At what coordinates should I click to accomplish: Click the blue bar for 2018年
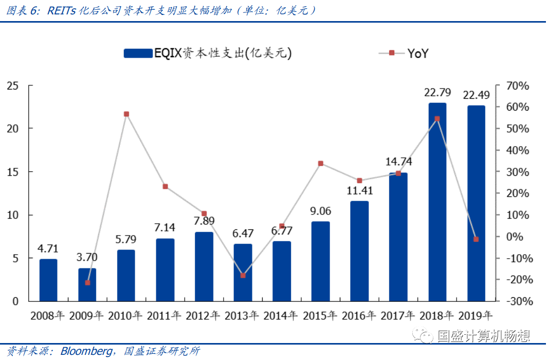click(x=437, y=202)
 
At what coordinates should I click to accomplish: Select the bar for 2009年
click(x=87, y=284)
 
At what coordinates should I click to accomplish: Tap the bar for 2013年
click(x=243, y=272)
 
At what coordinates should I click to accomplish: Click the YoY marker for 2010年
click(x=126, y=114)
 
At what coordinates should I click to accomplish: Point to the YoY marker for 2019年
click(x=476, y=239)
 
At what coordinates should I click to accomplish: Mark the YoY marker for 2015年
click(x=321, y=164)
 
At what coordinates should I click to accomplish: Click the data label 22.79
click(x=437, y=93)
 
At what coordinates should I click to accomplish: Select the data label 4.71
click(x=48, y=249)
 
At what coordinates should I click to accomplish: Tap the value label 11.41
click(x=359, y=191)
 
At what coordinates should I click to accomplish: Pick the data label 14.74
click(x=398, y=162)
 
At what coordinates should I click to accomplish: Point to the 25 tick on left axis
click(x=13, y=85)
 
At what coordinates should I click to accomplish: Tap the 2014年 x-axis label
click(x=282, y=316)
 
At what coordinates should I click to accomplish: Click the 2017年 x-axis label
click(x=398, y=316)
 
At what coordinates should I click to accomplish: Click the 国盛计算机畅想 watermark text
click(x=483, y=337)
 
